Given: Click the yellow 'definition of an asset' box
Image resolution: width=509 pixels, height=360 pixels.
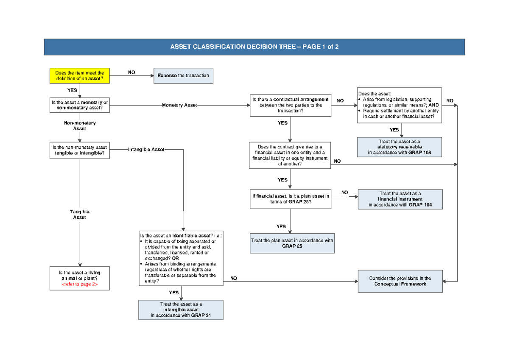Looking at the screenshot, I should coord(80,75).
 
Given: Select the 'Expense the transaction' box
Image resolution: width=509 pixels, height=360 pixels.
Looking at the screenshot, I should coord(183,75).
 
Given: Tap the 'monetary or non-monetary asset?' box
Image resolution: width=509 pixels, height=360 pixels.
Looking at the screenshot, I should coord(80,106).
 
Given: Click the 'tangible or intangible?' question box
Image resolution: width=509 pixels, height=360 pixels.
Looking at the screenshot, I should coord(80,150).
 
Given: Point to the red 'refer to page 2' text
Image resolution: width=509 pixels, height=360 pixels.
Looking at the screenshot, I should coord(80,285).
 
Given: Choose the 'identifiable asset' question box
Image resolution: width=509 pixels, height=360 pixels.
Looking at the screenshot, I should coord(181,259).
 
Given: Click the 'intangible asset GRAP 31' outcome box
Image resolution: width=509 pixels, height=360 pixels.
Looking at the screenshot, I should coord(181,310).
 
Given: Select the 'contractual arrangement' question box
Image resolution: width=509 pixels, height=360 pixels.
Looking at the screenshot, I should coord(290,105).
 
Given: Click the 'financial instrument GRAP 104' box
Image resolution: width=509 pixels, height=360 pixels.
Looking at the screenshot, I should coord(400,199).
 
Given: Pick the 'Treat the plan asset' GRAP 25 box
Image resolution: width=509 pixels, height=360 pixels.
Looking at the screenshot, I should coord(292,243).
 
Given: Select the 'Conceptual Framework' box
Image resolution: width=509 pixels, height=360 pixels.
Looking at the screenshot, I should coord(400,281).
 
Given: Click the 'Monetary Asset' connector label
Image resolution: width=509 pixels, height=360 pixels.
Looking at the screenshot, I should coord(179,105).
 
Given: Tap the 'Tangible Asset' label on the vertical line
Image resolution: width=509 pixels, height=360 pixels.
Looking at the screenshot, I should coord(80,215).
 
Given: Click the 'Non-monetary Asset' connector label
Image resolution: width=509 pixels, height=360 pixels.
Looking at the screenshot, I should coord(80,126).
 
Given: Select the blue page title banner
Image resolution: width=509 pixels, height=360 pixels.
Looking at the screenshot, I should coord(255,47).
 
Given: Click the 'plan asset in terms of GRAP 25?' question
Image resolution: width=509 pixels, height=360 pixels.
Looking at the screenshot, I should coord(290,199).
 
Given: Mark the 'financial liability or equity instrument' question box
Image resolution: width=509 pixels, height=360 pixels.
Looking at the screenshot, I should coord(290,155).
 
